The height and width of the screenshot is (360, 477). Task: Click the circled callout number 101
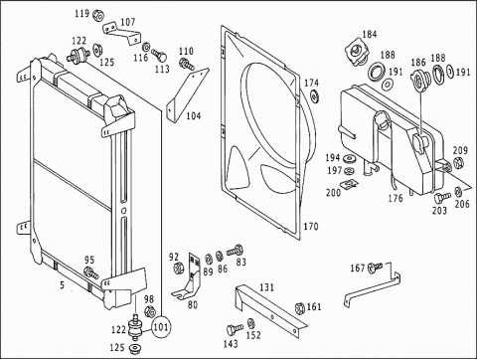[x=161, y=327]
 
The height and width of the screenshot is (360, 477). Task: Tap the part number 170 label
[x=311, y=227]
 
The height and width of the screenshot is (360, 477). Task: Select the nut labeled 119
[x=98, y=15]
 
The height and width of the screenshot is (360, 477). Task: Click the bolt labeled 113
[x=160, y=55]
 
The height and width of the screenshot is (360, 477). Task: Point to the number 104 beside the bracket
[x=194, y=115]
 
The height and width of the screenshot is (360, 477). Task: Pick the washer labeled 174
[x=314, y=96]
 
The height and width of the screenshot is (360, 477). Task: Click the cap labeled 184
[x=357, y=53]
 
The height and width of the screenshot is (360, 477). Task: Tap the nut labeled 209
[x=458, y=162]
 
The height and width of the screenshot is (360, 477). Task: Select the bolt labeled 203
[x=442, y=198]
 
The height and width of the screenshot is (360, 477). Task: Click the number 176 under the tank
[x=396, y=198]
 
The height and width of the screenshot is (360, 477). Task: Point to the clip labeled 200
[x=350, y=183]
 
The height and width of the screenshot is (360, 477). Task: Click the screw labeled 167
[x=376, y=268]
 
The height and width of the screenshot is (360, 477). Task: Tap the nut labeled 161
[x=300, y=308]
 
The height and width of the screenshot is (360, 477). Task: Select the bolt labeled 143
[x=235, y=330]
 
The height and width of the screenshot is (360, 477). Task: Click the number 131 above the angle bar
[x=266, y=287]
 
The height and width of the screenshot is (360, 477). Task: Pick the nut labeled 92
[x=179, y=268]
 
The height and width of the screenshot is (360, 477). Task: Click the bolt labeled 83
[x=235, y=251]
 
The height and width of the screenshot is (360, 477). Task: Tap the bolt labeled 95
[x=90, y=272]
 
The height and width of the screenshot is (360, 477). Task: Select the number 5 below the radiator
[x=62, y=285]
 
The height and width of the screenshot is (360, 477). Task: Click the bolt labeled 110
[x=187, y=64]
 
